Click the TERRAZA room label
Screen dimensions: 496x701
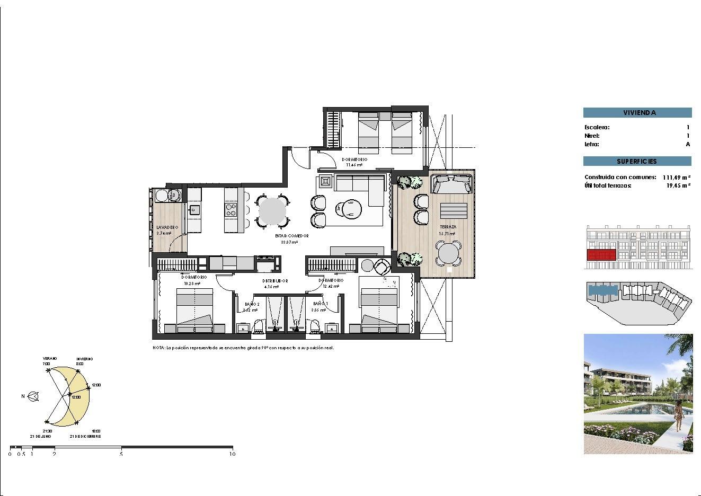447,227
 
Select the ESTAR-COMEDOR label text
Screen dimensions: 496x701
289,236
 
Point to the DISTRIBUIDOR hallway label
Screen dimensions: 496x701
274,281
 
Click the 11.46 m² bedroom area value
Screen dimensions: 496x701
354,165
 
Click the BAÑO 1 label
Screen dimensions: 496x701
321,303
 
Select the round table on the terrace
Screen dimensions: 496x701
448,253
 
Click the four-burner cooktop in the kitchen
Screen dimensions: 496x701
231,209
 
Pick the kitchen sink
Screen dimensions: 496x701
194,210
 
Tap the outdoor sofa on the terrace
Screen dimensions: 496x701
452,184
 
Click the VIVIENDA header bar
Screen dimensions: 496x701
637,112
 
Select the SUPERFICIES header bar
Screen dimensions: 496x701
637,161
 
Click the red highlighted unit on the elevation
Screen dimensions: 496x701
602,255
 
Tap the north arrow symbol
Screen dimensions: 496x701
33,396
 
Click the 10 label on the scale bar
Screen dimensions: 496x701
232,454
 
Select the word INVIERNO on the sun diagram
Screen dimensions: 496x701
84,359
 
